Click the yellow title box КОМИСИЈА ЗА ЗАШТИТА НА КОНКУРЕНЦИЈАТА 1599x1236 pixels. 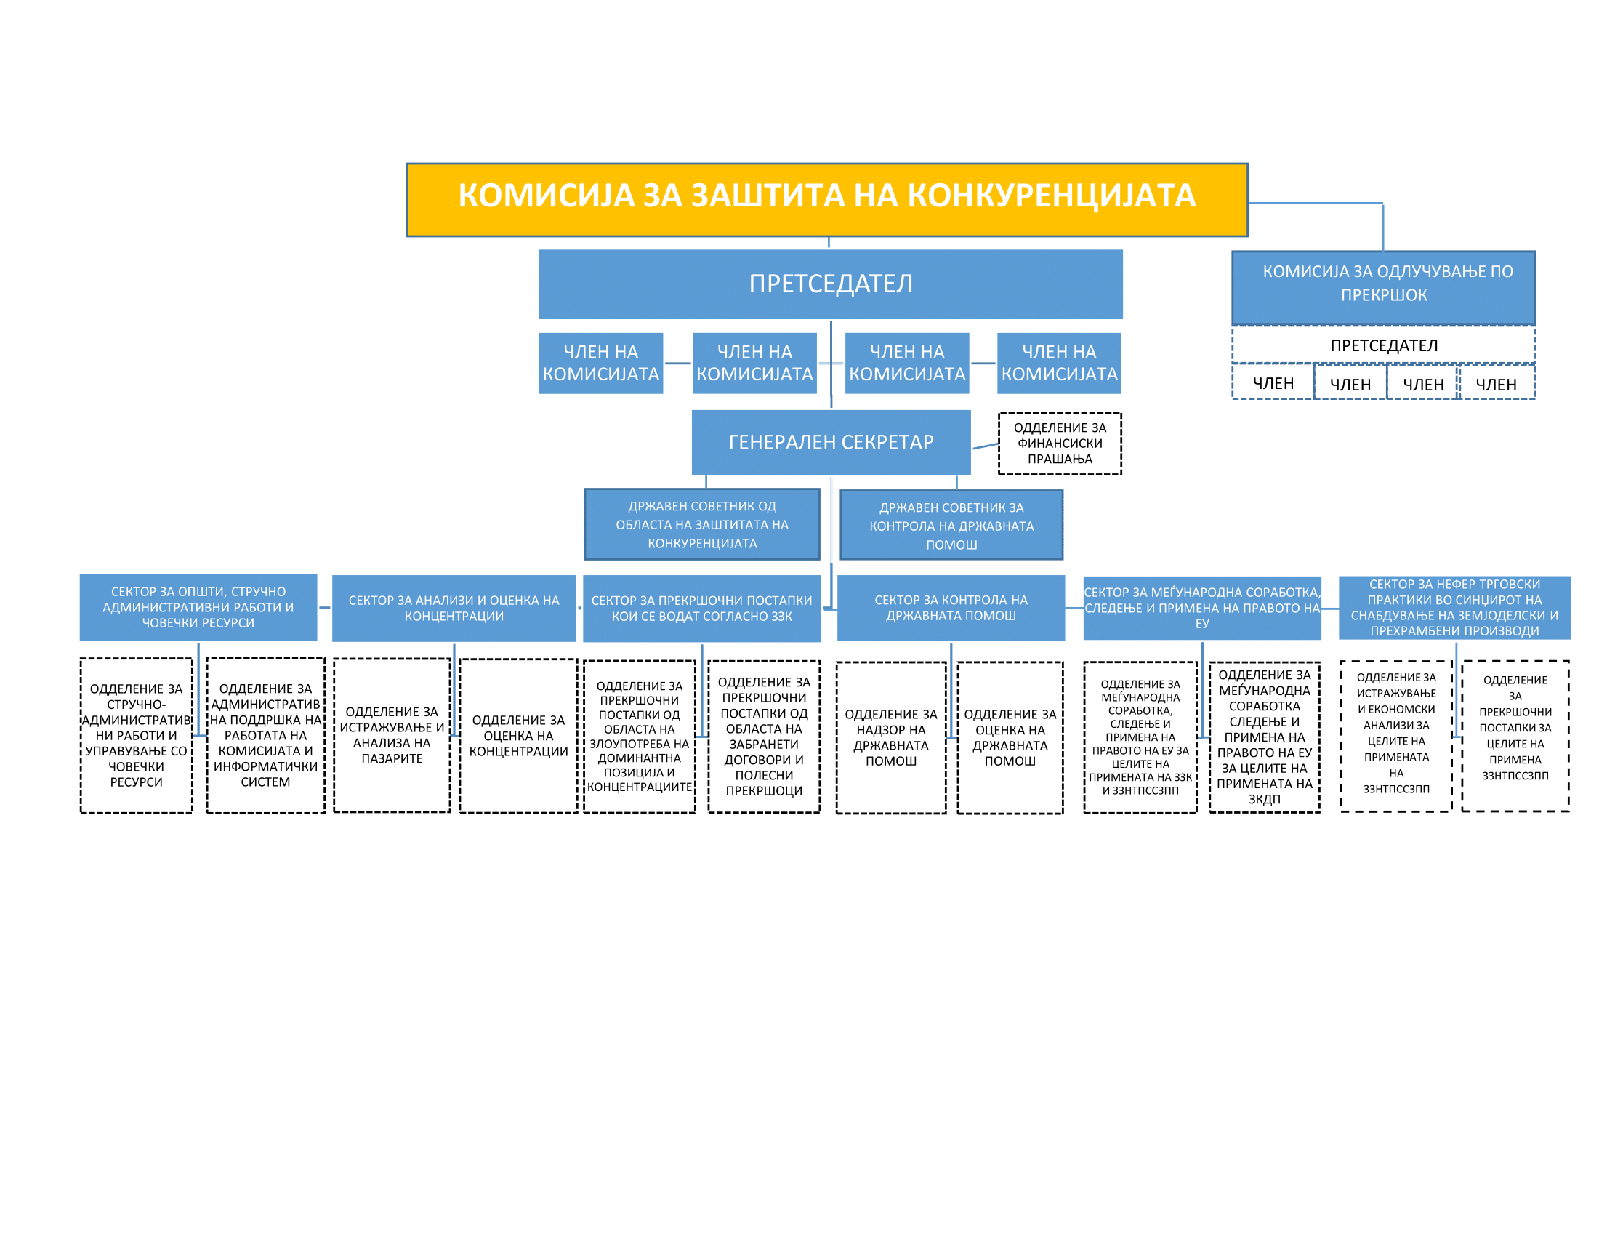pyautogui.click(x=826, y=199)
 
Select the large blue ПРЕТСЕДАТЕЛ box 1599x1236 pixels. pyautogui.click(x=830, y=284)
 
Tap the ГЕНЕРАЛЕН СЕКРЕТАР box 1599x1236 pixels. pyautogui.click(x=831, y=442)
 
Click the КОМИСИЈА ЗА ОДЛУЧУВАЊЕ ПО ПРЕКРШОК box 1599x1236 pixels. pyautogui.click(x=1383, y=287)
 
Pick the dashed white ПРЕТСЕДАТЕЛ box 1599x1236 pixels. pyautogui.click(x=1383, y=345)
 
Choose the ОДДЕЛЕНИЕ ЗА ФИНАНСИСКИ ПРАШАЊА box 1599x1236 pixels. pyautogui.click(x=1060, y=443)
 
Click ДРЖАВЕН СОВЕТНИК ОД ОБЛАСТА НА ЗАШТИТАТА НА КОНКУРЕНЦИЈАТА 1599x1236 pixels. pyautogui.click(x=701, y=524)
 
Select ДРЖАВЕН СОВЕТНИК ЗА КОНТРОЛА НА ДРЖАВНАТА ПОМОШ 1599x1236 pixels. pyautogui.click(x=951, y=525)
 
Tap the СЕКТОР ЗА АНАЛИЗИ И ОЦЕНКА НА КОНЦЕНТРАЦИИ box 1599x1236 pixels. pyautogui.click(x=454, y=608)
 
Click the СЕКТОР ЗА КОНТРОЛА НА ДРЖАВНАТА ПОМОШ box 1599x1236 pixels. pyautogui.click(x=951, y=607)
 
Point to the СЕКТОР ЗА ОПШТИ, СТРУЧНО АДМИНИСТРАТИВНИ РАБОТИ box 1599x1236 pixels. pyautogui.click(x=198, y=607)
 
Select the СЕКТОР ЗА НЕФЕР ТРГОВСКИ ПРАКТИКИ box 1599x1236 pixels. pyautogui.click(x=1454, y=607)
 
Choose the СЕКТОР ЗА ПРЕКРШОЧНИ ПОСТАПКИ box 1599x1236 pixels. pyautogui.click(x=701, y=608)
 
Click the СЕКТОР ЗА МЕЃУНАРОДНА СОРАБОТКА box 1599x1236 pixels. pyautogui.click(x=1201, y=607)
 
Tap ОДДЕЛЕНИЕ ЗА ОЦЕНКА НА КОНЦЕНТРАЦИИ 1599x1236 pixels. pyautogui.click(x=518, y=735)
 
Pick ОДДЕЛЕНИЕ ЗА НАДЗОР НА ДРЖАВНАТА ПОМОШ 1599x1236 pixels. pyautogui.click(x=890, y=737)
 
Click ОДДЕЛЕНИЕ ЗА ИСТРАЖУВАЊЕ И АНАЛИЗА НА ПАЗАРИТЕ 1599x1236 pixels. pyautogui.click(x=392, y=734)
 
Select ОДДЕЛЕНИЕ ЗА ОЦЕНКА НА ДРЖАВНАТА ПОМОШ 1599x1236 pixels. pyautogui.click(x=1010, y=737)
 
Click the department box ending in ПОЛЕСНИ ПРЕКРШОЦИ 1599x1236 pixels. pyautogui.click(x=764, y=736)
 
